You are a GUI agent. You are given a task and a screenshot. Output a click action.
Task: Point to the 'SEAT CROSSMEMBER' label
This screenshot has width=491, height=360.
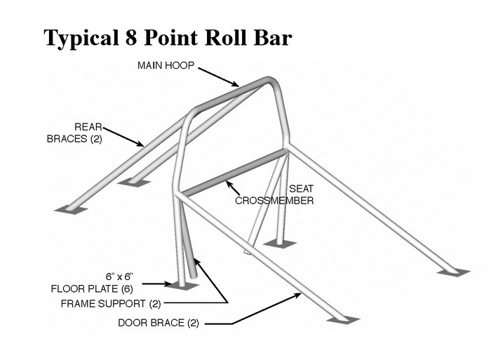tap(274, 194)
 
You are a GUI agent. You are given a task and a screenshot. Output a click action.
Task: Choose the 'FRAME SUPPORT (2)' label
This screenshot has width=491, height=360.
tap(112, 303)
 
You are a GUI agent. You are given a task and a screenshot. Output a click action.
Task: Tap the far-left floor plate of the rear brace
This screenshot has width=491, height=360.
tap(71, 209)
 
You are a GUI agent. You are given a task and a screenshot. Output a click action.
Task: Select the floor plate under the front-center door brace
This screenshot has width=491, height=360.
tap(342, 320)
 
